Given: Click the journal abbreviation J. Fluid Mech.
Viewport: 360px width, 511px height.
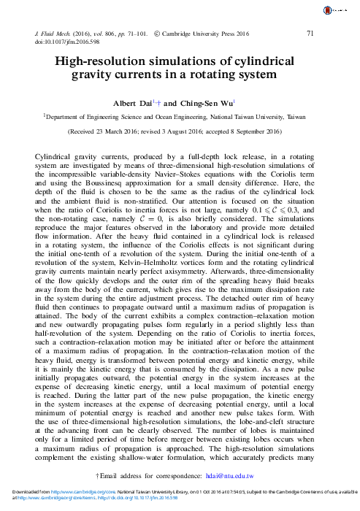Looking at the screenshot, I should pyautogui.click(x=55, y=34).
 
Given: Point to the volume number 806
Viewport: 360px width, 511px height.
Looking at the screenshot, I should pyautogui.click(x=125, y=34).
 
